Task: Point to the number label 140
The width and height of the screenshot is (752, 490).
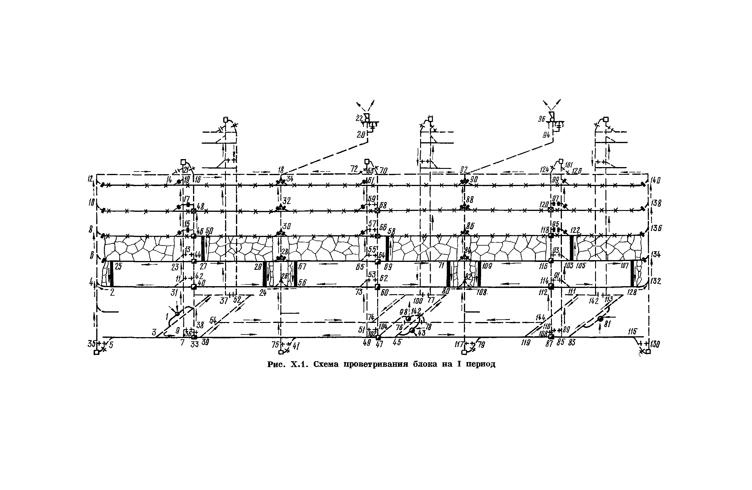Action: (655, 180)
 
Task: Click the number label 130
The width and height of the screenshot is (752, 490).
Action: (655, 344)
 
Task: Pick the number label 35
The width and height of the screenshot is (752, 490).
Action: (91, 344)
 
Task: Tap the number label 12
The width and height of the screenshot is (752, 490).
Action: (90, 179)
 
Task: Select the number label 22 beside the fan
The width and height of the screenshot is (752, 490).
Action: (359, 118)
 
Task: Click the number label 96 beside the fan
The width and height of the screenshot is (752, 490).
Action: (542, 119)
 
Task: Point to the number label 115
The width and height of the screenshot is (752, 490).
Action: (632, 332)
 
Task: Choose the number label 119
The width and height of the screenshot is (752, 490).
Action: (526, 343)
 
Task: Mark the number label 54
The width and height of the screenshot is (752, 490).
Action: (213, 320)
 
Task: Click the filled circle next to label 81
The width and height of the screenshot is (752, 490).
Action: (600, 319)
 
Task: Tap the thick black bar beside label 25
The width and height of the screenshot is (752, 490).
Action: (112, 274)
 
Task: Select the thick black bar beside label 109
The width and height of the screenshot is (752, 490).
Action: (479, 274)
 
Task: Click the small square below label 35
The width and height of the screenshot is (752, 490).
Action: (97, 353)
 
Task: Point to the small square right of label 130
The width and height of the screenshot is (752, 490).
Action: (648, 352)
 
